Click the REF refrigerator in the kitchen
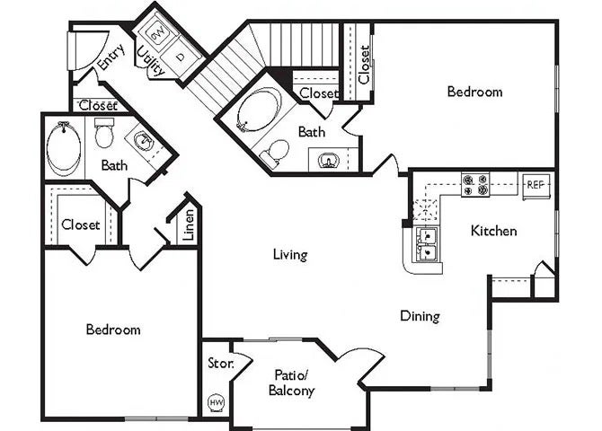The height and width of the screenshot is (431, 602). pyautogui.click(x=536, y=186)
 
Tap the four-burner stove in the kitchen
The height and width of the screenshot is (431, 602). pyautogui.click(x=475, y=185)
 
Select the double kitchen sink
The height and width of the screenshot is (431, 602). pyautogui.click(x=427, y=245)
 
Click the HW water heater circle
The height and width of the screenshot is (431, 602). pyautogui.click(x=216, y=402)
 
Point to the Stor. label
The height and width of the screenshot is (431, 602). pyautogui.click(x=221, y=363)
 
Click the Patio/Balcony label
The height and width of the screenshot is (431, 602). pyautogui.click(x=292, y=383)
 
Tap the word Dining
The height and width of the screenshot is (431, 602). pyautogui.click(x=420, y=316)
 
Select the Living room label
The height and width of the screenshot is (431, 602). pyautogui.click(x=290, y=254)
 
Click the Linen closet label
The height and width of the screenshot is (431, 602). pyautogui.click(x=189, y=224)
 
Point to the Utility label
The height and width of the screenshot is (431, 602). pyautogui.click(x=151, y=61)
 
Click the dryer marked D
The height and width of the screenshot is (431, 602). pyautogui.click(x=181, y=57)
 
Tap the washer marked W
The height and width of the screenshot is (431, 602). pyautogui.click(x=157, y=34)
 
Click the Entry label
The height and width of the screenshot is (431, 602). pyautogui.click(x=111, y=57)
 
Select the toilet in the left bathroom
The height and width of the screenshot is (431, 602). pyautogui.click(x=104, y=133)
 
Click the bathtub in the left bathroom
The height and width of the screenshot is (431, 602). pyautogui.click(x=64, y=148)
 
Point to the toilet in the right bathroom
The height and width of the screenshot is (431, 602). pyautogui.click(x=275, y=153)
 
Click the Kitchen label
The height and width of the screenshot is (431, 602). pyautogui.click(x=494, y=231)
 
